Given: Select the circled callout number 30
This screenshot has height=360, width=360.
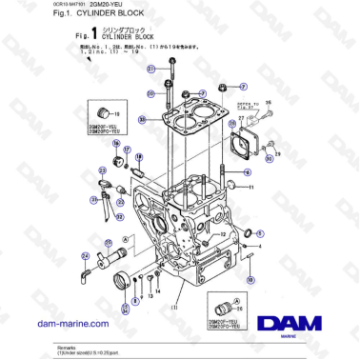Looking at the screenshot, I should coord(141,120).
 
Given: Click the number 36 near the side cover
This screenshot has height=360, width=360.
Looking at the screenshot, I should coord(267,100).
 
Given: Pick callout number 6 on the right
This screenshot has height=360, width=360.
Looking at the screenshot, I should coord(247,172).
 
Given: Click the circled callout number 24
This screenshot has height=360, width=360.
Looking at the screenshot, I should coord(85,255).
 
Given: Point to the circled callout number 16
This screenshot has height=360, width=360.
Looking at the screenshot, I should coord(116,145).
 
